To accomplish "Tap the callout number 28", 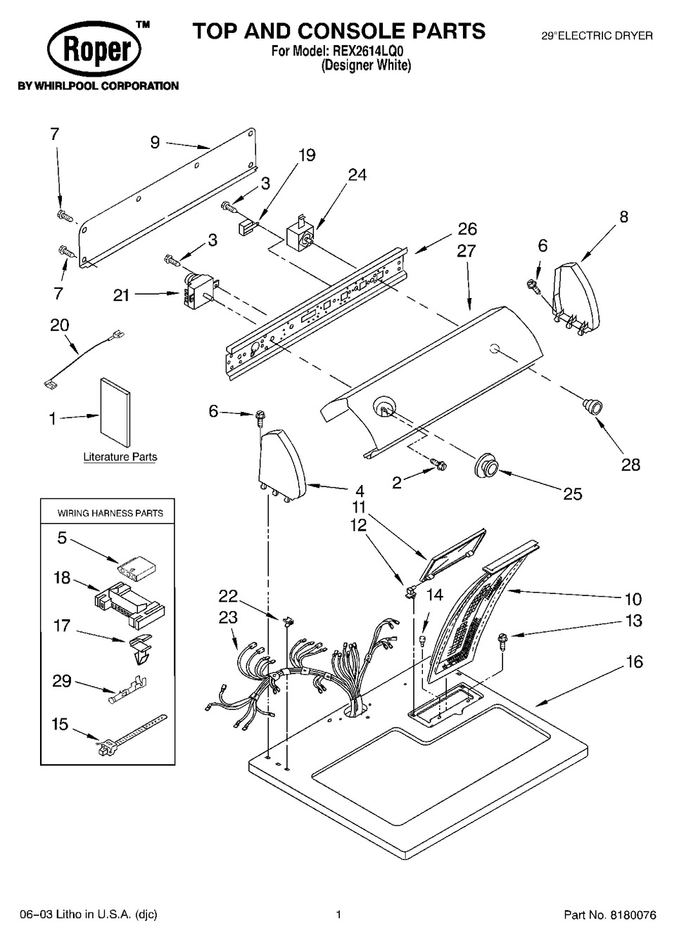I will [630, 464].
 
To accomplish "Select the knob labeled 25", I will [486, 465].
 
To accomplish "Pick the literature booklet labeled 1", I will [115, 412].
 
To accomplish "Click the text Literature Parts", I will [120, 457].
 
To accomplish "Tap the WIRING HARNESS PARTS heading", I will [110, 513].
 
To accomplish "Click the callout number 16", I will [634, 661].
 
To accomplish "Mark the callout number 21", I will [122, 295].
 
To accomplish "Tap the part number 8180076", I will [630, 915].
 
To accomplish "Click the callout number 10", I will [633, 599].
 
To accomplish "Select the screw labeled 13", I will [504, 638].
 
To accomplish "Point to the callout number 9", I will [155, 143].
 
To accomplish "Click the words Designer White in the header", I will [366, 65].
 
